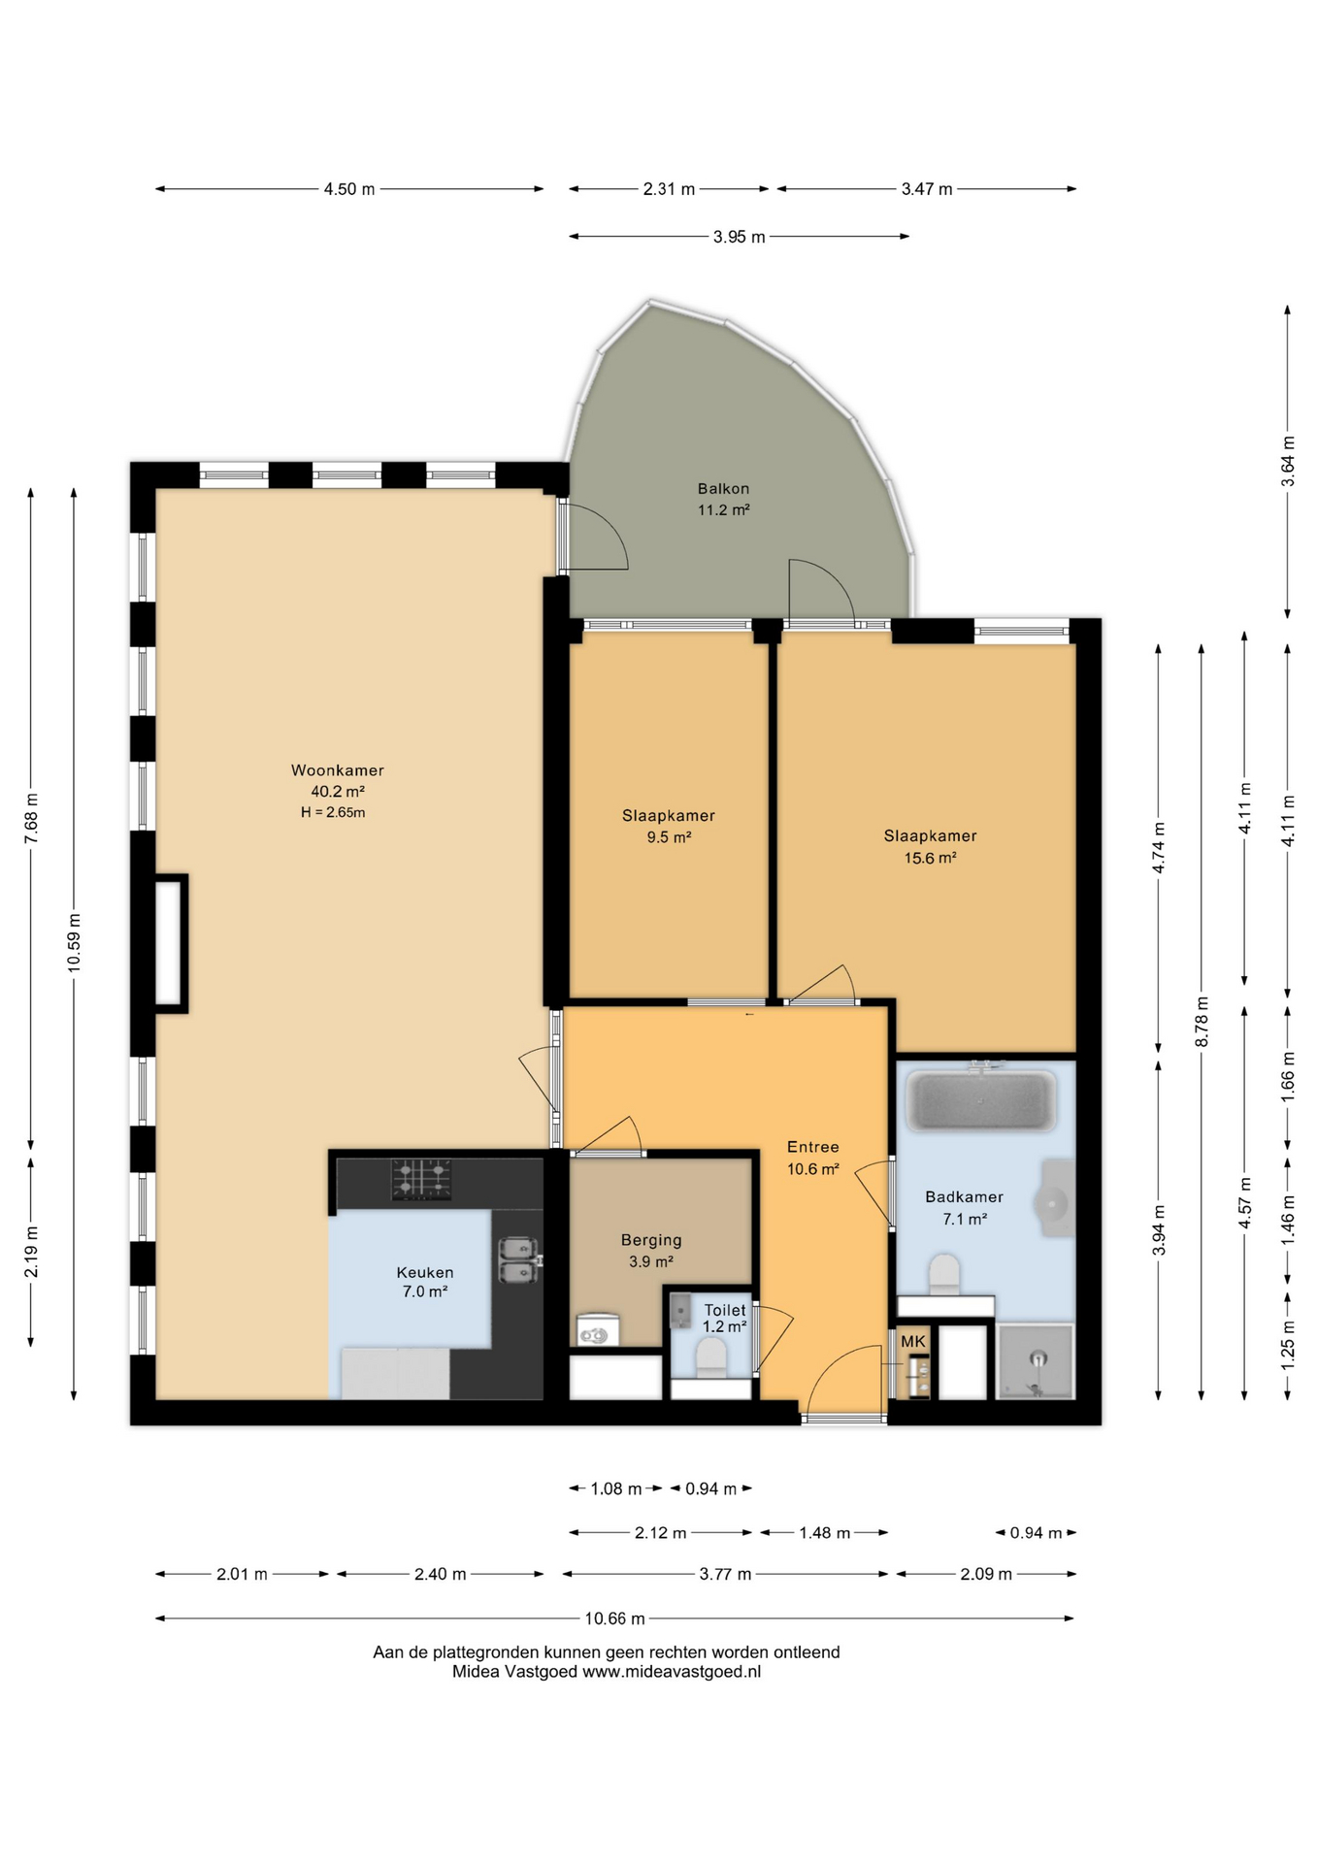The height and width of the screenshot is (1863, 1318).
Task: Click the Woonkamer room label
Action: (338, 770)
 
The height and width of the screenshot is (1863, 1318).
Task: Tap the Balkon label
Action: (723, 489)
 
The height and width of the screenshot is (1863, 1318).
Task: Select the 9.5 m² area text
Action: (669, 837)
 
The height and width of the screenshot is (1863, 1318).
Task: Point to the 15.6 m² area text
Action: (931, 858)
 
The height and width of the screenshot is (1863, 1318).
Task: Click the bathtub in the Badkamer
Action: (980, 1099)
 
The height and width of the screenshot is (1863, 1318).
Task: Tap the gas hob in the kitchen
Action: (421, 1179)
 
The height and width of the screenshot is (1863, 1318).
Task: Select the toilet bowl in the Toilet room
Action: (711, 1356)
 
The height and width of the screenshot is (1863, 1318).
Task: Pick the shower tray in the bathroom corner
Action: (1037, 1362)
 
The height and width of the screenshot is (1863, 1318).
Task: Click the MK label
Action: (913, 1341)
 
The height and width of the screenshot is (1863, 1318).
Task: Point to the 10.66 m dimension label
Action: (614, 1618)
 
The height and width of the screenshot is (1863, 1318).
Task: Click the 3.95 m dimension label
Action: (739, 237)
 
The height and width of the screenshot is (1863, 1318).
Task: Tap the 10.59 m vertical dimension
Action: (74, 942)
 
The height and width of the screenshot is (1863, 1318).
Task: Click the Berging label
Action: (651, 1240)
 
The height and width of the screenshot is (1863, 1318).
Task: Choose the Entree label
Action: (812, 1147)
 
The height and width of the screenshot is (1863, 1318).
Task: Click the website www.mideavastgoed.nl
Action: (672, 1672)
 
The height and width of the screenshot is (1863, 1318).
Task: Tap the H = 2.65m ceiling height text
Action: (333, 813)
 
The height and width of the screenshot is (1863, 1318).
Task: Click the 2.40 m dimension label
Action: (440, 1574)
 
